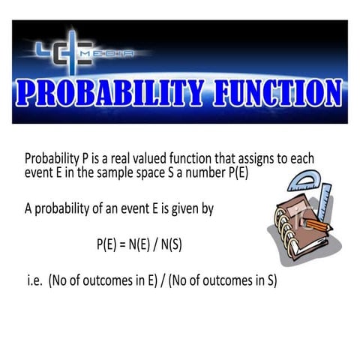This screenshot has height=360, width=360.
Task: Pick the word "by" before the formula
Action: tap(207, 209)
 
